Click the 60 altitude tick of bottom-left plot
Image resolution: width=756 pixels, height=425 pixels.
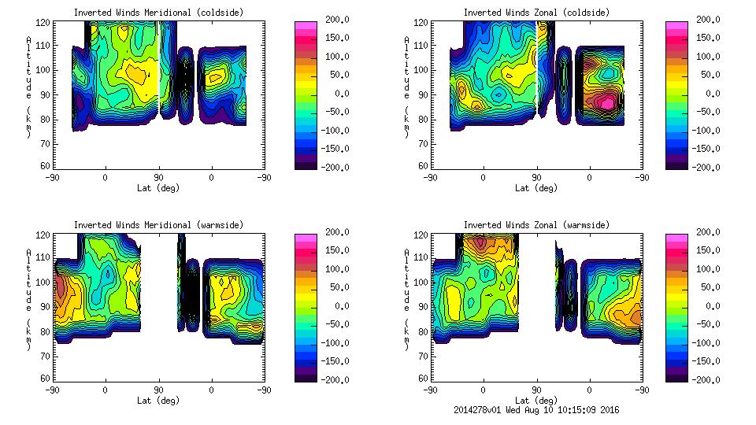coord(46,379)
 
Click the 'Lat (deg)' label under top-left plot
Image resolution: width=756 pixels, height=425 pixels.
coord(159,188)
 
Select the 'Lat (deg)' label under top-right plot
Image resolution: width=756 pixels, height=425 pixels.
coord(537,188)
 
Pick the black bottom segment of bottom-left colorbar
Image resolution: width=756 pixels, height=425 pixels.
coord(305,375)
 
